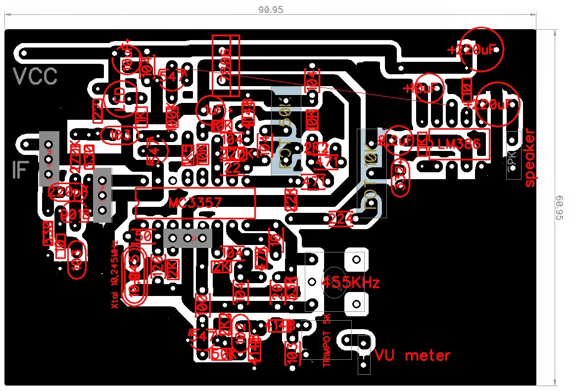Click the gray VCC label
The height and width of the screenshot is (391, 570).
(35, 77)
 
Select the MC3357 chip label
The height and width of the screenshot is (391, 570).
(194, 203)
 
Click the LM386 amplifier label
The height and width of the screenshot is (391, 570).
(459, 144)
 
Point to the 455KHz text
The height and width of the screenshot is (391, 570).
(351, 283)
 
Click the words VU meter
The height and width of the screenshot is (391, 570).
(412, 355)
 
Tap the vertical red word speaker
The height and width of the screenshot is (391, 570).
(530, 158)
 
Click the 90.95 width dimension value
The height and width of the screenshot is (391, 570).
(271, 9)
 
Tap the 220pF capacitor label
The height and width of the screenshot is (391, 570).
(68, 192)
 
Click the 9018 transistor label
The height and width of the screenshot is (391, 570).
(75, 214)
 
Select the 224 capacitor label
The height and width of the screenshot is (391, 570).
(341, 218)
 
